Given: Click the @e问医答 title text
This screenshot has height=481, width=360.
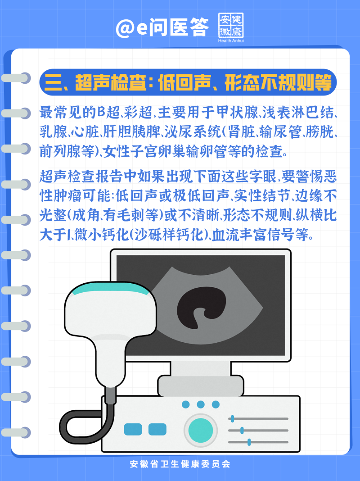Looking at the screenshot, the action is [162, 27].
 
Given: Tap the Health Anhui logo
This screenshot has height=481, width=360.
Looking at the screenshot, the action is [231, 27].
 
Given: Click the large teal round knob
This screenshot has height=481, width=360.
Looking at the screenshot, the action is [201, 430].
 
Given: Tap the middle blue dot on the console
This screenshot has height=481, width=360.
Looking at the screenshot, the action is [201, 404].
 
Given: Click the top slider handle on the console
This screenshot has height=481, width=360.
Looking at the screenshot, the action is [233, 418].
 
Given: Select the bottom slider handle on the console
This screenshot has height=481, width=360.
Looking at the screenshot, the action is [249, 442].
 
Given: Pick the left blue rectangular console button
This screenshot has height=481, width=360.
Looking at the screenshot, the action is [133, 430].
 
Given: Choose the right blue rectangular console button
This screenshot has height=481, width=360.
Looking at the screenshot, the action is [157, 430].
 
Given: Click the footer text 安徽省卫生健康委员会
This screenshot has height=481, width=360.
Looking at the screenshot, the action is [180, 463].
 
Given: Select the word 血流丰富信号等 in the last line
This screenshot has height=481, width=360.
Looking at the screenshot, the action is [261, 235].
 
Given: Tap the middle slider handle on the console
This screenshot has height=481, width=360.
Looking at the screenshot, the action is [242, 431].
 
